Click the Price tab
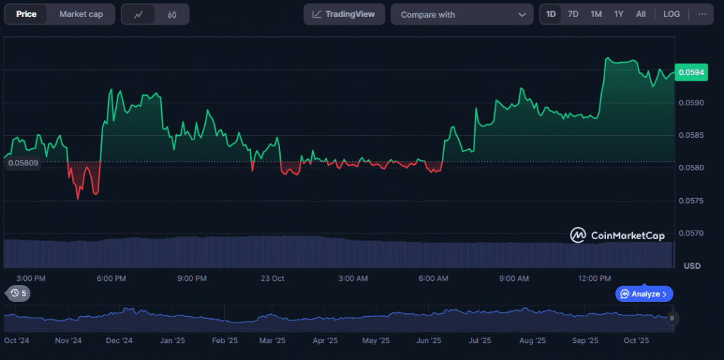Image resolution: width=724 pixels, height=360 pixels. [x=26, y=14]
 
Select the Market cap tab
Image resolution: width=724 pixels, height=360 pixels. [x=81, y=14]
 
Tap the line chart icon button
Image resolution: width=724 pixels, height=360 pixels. [x=139, y=14]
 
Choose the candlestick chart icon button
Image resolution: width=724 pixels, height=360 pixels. [x=172, y=14]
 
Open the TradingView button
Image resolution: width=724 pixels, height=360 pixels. [x=344, y=14]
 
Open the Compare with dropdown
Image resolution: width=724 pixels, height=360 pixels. [x=462, y=14]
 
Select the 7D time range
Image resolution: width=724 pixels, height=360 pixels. [x=573, y=14]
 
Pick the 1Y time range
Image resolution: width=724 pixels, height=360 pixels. [x=619, y=14]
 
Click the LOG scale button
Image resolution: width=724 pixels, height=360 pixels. [x=672, y=14]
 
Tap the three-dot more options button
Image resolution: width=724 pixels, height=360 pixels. [x=702, y=14]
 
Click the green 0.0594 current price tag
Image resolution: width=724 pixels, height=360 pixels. [x=690, y=72]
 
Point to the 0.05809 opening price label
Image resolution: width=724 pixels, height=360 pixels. [x=23, y=163]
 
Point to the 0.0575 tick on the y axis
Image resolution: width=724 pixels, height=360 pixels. [x=691, y=201]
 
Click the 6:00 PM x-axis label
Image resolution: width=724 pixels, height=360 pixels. [x=111, y=279]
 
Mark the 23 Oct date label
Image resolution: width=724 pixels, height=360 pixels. [x=272, y=279]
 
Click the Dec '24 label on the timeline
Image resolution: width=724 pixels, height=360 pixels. [x=119, y=340]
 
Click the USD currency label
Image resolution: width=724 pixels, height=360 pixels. [x=692, y=265]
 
